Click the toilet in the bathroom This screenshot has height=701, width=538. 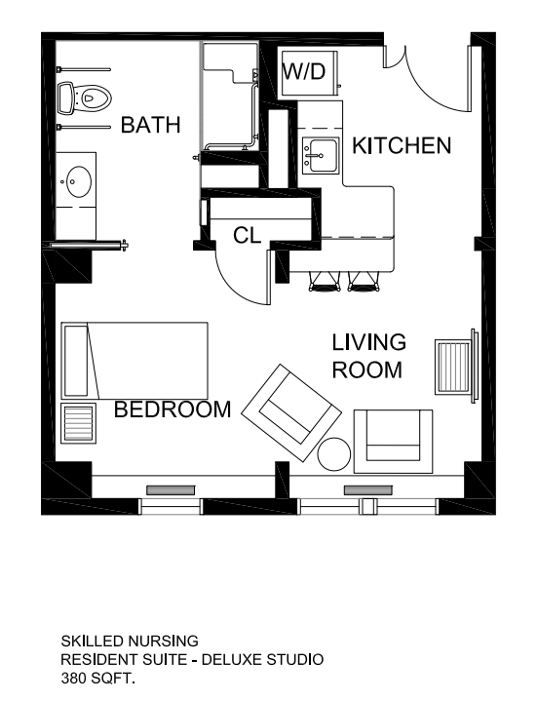84,97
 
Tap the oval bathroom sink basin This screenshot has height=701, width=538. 79,182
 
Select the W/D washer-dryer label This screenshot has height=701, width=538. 304,71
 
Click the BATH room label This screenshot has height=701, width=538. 151,125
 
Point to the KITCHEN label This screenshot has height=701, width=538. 402,145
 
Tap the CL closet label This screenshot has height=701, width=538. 248,235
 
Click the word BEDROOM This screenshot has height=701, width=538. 173,409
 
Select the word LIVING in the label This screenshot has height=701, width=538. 369,342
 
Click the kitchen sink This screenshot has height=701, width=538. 320,155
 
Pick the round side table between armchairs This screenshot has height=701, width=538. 333,453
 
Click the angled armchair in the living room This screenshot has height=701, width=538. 291,413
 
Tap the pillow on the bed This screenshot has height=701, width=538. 76,361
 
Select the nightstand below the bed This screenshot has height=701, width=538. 78,423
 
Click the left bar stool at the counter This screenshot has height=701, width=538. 324,283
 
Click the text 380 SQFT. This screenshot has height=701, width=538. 97,679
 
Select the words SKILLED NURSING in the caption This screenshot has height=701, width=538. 130,642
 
